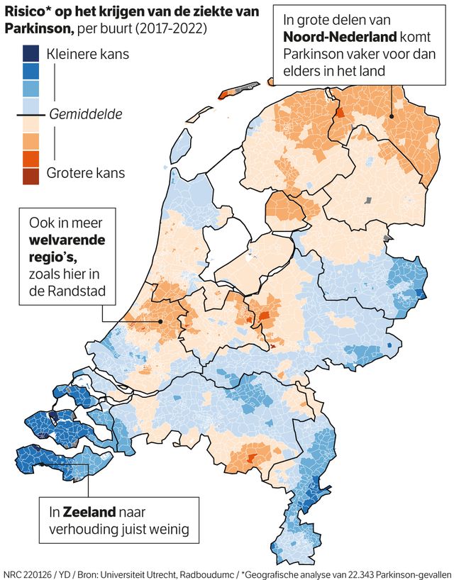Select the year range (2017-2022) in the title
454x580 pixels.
[173, 29]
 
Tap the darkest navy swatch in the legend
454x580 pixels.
[31, 52]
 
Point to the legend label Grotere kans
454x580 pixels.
[86, 172]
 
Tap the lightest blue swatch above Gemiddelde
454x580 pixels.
[31, 104]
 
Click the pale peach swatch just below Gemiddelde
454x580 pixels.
[31, 123]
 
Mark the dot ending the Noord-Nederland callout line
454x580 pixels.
[392, 117]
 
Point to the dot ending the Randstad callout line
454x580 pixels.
[160, 321]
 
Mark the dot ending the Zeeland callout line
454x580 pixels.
[41, 464]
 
